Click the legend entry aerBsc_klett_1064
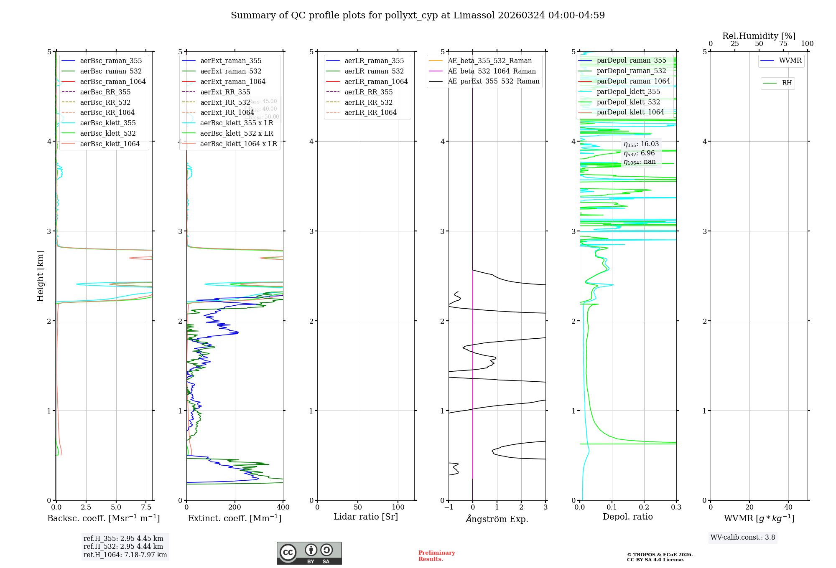pos(110,144)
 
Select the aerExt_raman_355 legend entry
pos(231,61)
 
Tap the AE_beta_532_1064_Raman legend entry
pos(492,71)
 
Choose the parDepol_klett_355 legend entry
pos(628,91)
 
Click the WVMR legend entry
pos(790,61)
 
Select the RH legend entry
pos(787,83)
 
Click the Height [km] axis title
pos(40,276)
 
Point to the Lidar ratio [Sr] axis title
pos(366,517)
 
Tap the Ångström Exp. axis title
pos(497,519)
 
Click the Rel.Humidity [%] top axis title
pos(759,36)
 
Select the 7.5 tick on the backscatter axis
pos(146,507)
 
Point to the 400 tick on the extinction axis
pos(283,507)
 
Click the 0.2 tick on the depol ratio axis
pos(644,507)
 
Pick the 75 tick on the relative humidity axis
pos(783,44)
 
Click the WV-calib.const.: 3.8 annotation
pos(743,538)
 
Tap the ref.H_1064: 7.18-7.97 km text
pos(125,555)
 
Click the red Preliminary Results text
pos(436,556)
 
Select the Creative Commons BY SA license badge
pos(309,553)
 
